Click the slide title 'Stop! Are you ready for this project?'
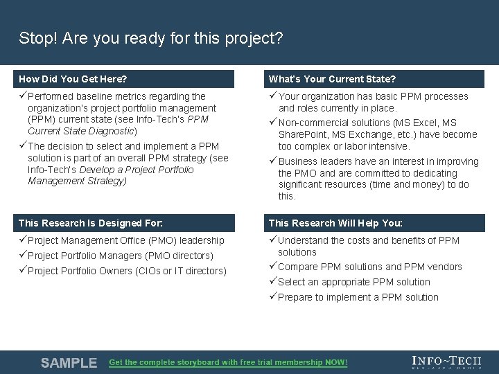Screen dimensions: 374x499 click(x=150, y=37)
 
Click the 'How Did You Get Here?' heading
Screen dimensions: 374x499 click(x=73, y=79)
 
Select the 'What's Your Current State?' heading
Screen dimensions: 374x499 click(x=332, y=79)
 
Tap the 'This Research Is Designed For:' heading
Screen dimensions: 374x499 click(x=91, y=223)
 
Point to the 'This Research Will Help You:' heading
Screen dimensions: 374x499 click(x=335, y=223)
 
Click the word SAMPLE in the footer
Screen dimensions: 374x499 click(x=69, y=363)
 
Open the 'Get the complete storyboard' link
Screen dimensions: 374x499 click(x=228, y=363)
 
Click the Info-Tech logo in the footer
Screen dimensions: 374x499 click(x=446, y=362)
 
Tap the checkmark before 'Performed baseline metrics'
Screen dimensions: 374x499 click(x=23, y=96)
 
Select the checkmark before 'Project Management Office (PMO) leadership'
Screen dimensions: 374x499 click(x=23, y=240)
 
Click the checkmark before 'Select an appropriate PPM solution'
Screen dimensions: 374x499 click(x=273, y=282)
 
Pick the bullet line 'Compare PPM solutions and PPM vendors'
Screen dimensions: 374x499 click(x=369, y=267)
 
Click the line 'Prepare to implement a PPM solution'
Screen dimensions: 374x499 click(x=358, y=297)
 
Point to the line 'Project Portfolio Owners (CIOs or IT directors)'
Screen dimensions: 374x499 click(x=127, y=271)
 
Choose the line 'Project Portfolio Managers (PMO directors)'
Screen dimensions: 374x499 click(x=120, y=256)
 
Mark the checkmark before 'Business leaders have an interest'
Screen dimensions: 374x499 click(x=273, y=161)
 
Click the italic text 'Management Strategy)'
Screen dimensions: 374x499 click(x=77, y=181)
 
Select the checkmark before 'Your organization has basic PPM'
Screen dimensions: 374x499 click(x=273, y=96)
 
